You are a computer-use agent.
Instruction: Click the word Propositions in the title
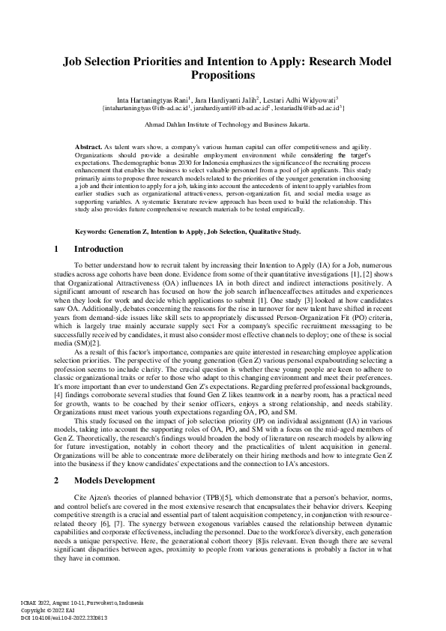tap(223, 75)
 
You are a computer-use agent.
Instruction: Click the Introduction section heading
tap(99, 249)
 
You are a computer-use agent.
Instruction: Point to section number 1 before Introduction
tap(57, 249)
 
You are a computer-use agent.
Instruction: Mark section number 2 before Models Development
tap(57, 479)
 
